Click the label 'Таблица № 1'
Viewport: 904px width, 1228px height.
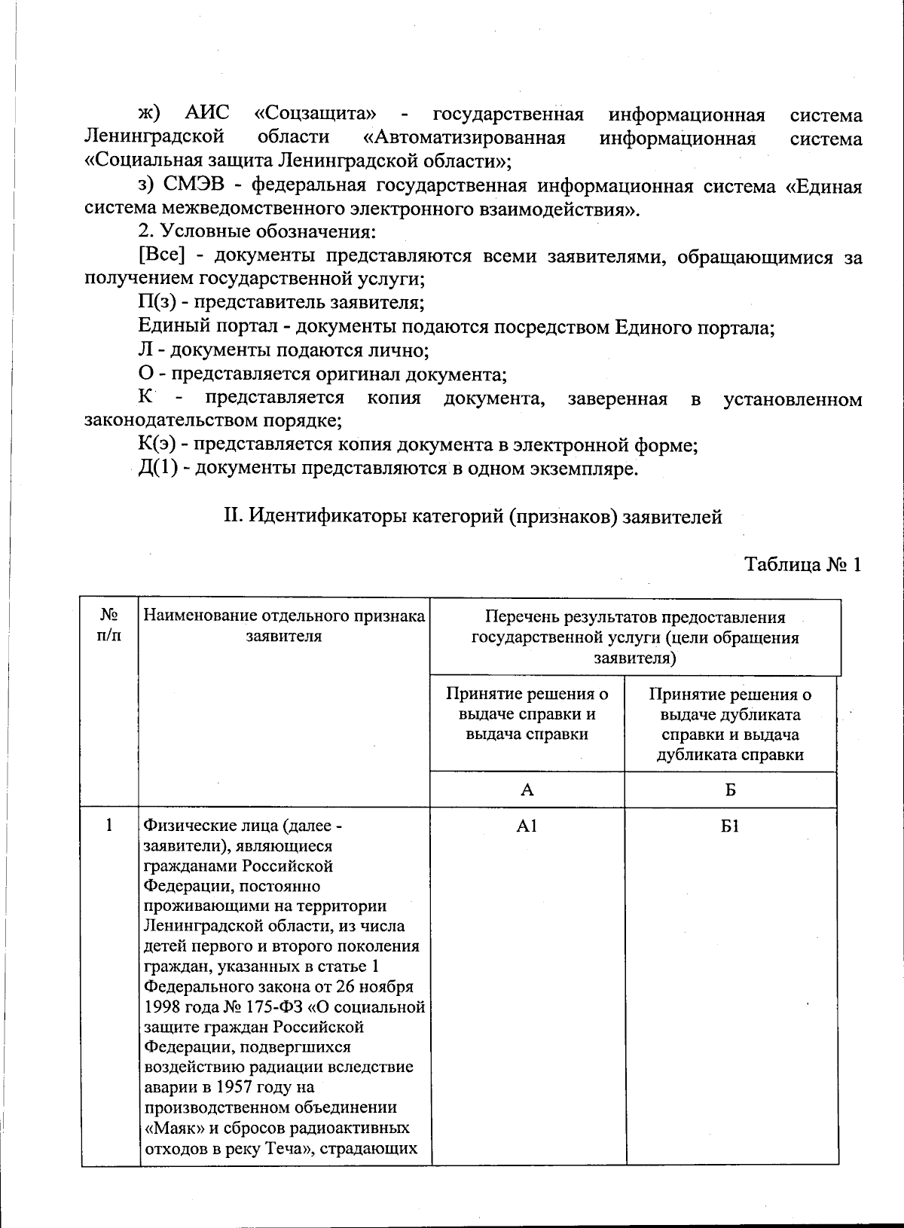coord(802,565)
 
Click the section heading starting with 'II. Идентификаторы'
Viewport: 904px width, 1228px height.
coord(472,517)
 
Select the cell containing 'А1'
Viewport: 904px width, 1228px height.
coord(527,826)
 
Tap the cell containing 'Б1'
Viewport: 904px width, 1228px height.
coord(730,826)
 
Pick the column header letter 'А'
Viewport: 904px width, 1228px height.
coord(527,790)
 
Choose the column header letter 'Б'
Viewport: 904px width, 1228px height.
coord(730,790)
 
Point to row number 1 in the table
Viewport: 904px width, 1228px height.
coord(110,826)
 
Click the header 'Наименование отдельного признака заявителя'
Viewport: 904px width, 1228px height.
coord(284,626)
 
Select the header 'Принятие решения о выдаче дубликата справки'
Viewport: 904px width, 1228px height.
coord(730,724)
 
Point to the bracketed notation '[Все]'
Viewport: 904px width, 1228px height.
coord(162,256)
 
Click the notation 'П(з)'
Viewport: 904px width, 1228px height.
coord(156,304)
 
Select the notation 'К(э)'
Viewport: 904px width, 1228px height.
coord(157,445)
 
